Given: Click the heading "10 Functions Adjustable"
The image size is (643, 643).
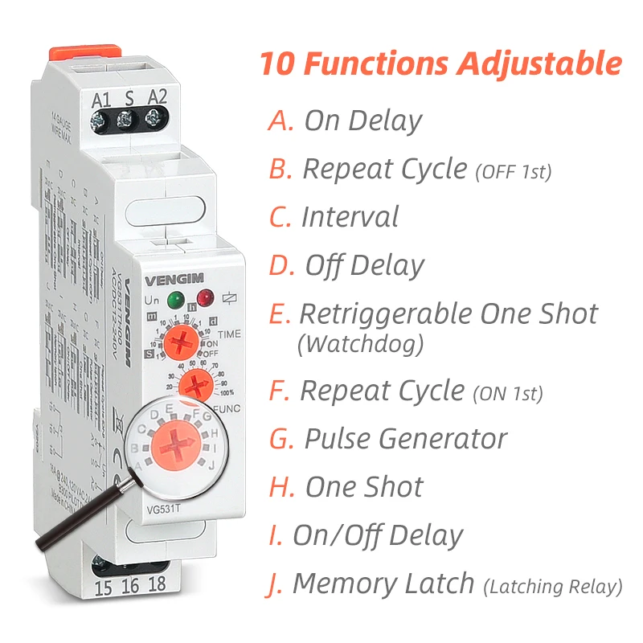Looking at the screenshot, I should (x=440, y=63).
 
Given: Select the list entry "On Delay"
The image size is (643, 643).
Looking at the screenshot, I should (x=362, y=121).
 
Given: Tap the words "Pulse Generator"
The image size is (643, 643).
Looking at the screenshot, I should (x=405, y=439).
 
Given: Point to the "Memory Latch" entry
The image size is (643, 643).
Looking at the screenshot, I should (x=383, y=584).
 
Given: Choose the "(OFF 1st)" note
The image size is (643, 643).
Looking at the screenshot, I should (x=514, y=171).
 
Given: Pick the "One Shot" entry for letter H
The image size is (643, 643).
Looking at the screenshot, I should (x=364, y=487).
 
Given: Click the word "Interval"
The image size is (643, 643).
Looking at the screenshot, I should (x=350, y=217).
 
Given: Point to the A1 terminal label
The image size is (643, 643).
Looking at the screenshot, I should (x=100, y=101).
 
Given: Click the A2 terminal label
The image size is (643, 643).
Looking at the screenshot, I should (x=158, y=100).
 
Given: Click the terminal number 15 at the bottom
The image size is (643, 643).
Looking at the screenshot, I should (x=103, y=587).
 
